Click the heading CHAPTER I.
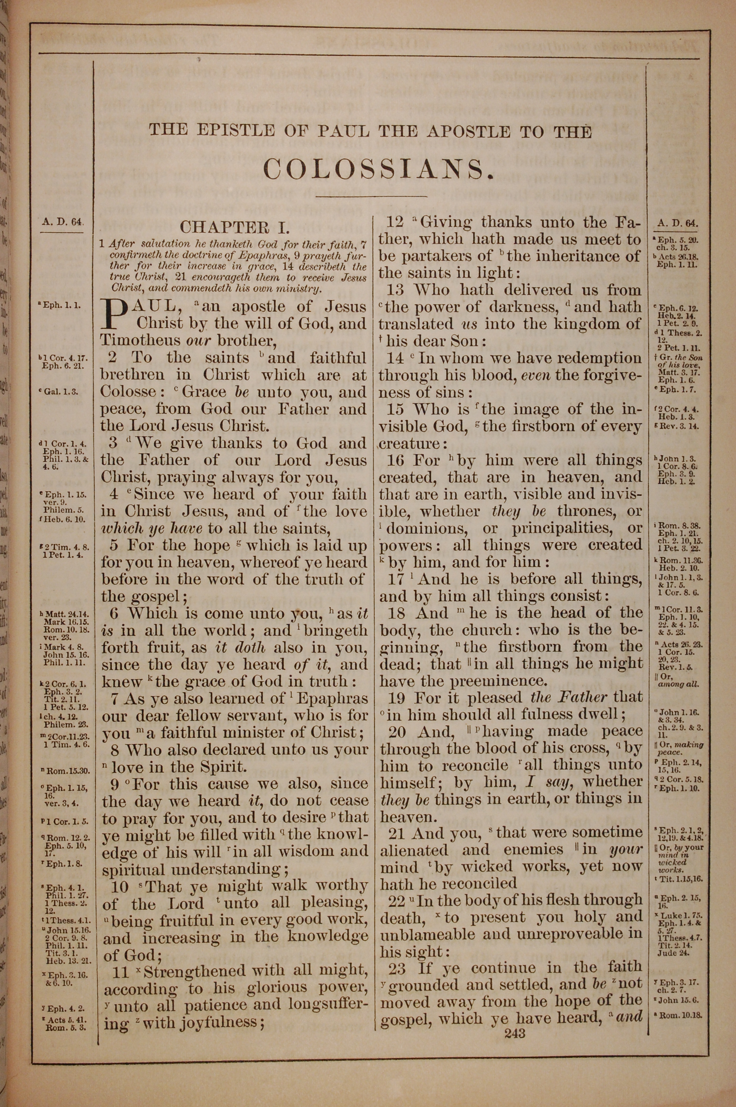(x=235, y=227)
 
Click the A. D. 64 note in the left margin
(x=61, y=222)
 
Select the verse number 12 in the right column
(x=395, y=222)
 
